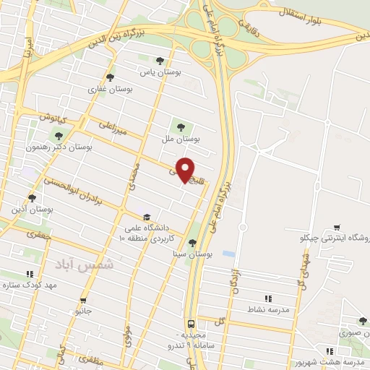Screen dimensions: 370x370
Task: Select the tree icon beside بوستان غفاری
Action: [110, 77]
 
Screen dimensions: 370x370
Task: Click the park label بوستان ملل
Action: [181, 138]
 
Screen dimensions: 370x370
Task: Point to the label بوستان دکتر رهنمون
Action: [59, 147]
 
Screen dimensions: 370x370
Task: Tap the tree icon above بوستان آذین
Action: [31, 197]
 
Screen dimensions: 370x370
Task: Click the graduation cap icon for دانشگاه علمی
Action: [146, 217]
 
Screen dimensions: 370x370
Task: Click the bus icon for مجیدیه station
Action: [191, 324]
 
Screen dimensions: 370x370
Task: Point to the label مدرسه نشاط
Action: [268, 309]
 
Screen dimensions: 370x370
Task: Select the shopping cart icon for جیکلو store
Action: [336, 227]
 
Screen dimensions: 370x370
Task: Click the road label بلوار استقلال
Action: [296, 13]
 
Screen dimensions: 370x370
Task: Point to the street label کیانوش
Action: [53, 116]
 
